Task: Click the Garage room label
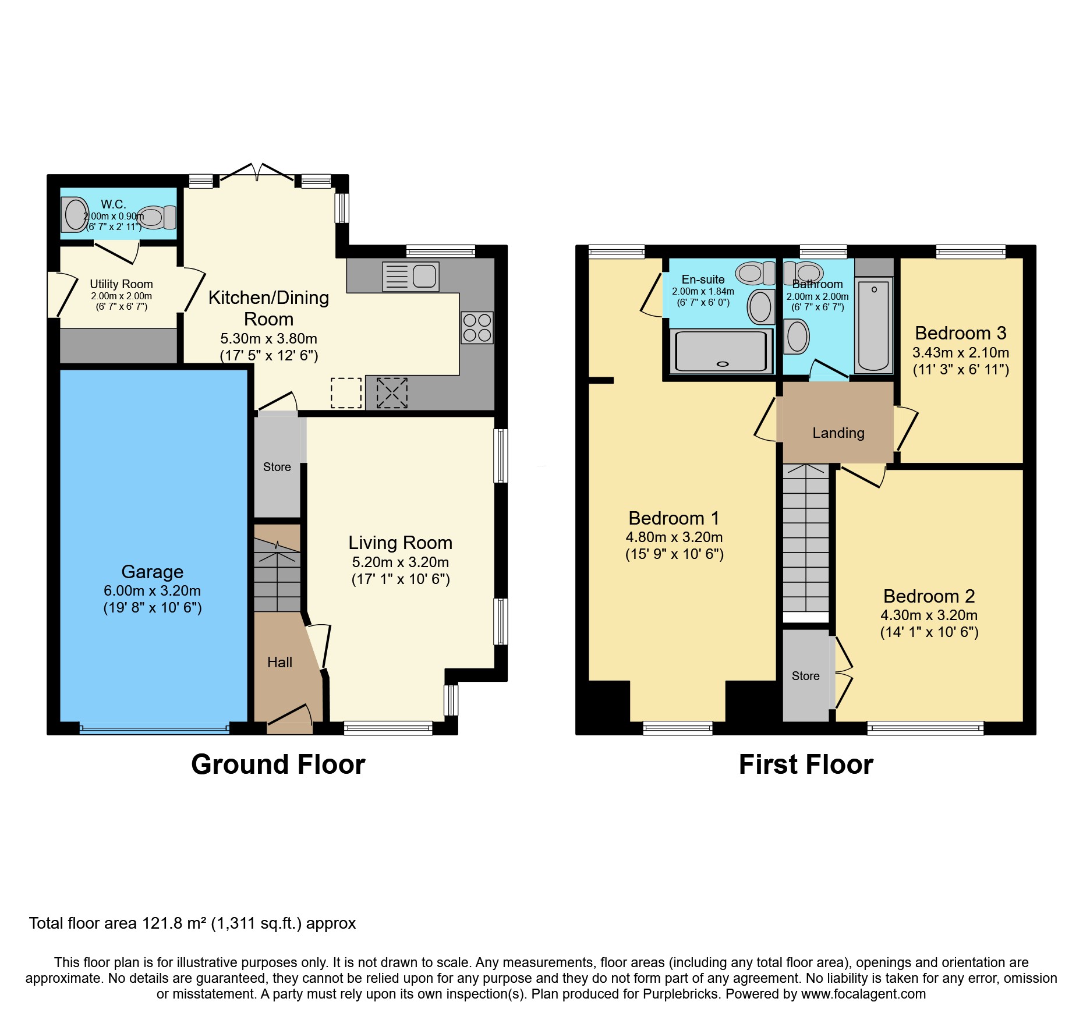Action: [x=152, y=572]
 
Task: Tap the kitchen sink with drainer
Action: [x=410, y=276]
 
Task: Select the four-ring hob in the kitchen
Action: [x=477, y=327]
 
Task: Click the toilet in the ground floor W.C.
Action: [x=156, y=217]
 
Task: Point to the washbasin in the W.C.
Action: [x=76, y=215]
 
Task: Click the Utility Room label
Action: [x=121, y=284]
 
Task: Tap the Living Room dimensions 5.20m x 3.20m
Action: [x=400, y=562]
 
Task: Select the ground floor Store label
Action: [x=277, y=467]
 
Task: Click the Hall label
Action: [x=279, y=663]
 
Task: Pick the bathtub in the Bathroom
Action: [x=873, y=325]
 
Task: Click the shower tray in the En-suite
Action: [x=721, y=351]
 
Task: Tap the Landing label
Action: [x=838, y=433]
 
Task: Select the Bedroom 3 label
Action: [x=960, y=333]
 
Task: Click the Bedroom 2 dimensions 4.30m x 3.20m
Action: [x=929, y=615]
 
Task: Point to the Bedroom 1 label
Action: [x=674, y=518]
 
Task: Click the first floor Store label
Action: [x=805, y=676]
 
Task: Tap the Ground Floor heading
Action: [x=278, y=764]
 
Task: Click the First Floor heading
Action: [x=806, y=764]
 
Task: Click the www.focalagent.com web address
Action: [x=863, y=994]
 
